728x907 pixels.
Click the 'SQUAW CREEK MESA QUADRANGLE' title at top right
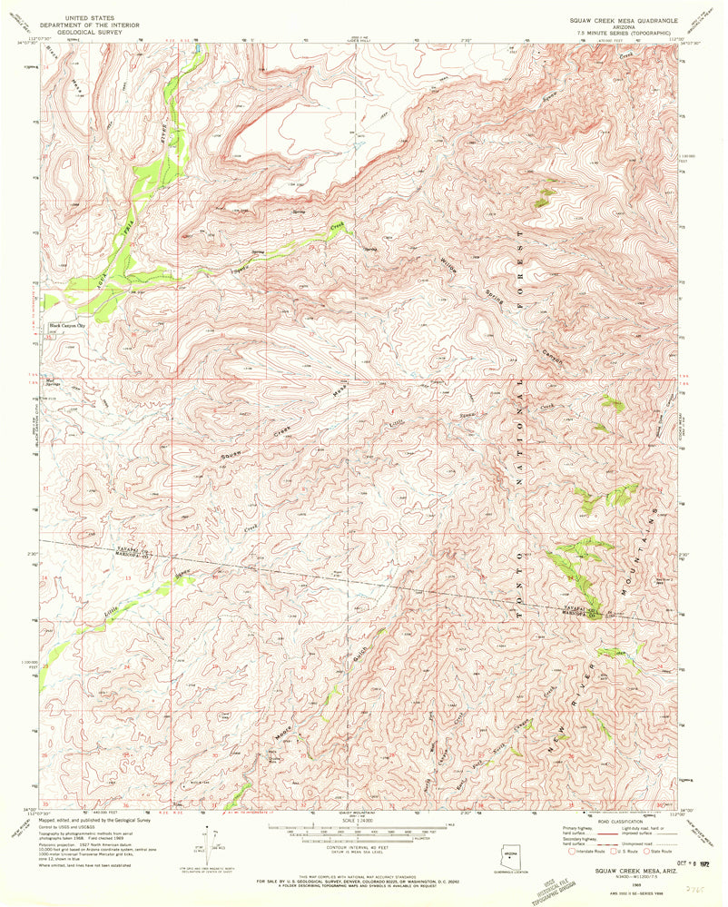[619, 17]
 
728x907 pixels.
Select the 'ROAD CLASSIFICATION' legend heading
[619, 819]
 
